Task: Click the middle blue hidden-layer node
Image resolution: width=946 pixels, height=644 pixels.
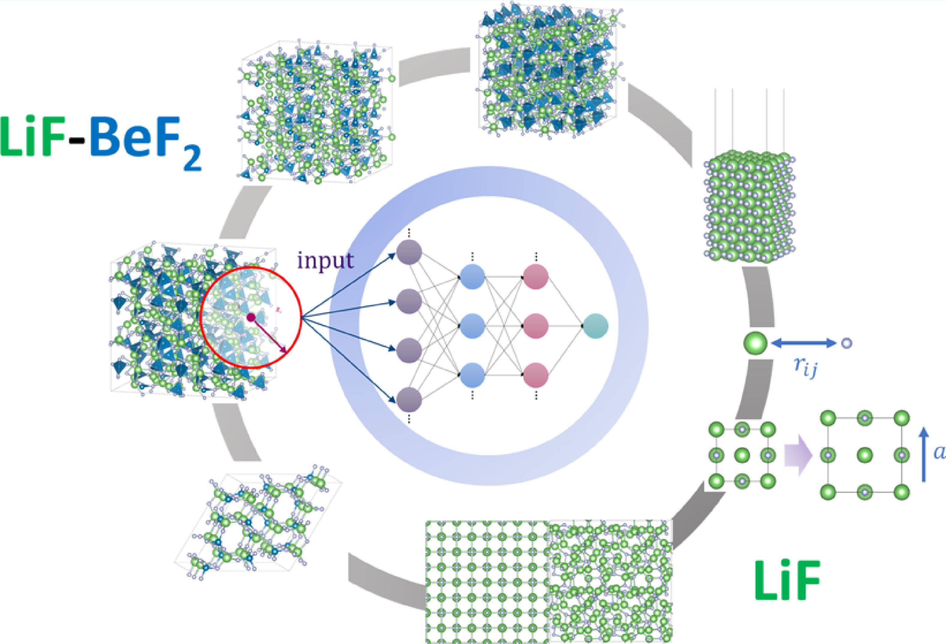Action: coord(472,326)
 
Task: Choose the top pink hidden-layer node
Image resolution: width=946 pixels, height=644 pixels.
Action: coord(536,277)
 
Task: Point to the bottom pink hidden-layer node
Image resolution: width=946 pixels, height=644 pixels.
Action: coord(536,375)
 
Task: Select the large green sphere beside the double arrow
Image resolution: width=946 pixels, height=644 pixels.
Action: coord(755,344)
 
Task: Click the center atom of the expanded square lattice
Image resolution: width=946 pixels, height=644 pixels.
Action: coord(865,455)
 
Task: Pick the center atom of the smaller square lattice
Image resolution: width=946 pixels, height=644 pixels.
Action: coord(742,455)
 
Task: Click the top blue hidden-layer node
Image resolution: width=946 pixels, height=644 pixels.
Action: coord(472,277)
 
